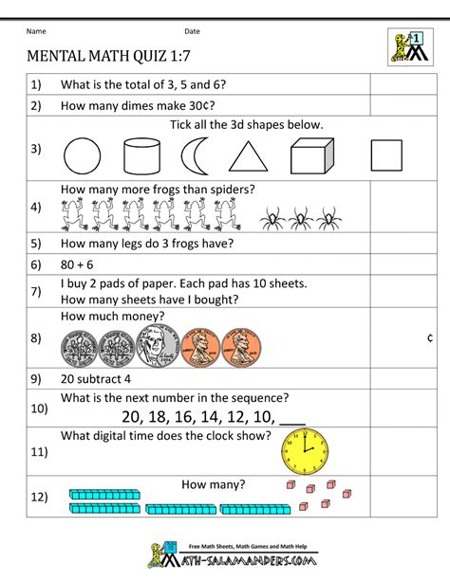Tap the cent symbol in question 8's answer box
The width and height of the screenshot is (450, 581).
coord(430,337)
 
